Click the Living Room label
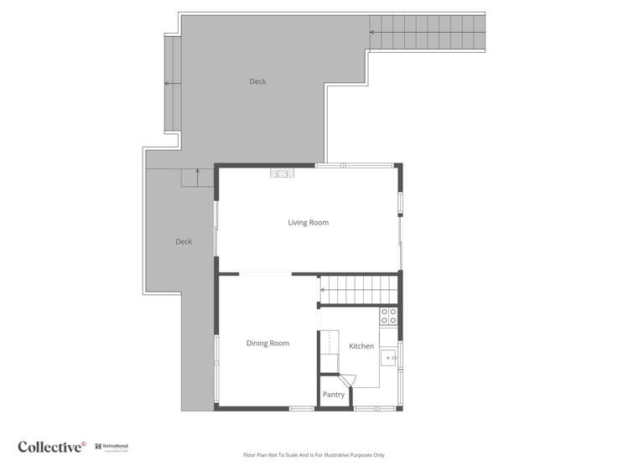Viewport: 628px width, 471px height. pos(308,223)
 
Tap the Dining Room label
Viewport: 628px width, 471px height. pos(267,344)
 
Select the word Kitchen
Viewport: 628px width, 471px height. pos(361,346)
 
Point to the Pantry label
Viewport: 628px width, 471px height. pos(334,395)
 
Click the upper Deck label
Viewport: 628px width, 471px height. pos(257,81)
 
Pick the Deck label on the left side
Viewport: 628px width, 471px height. pos(184,241)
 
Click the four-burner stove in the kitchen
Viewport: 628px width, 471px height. pos(389,316)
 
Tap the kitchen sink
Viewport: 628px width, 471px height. pos(390,358)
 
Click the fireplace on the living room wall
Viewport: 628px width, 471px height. pos(282,173)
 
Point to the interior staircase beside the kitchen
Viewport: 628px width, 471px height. pos(358,290)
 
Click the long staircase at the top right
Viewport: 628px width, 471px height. pos(427,33)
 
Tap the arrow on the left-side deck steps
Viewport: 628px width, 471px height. pos(167,84)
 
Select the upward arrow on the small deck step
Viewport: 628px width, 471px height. pos(197,171)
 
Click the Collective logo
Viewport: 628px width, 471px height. pos(52,447)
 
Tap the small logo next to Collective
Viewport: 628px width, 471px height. pos(112,448)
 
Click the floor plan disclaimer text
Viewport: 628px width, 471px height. pos(314,455)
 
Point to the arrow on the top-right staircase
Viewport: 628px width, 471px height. pos(372,33)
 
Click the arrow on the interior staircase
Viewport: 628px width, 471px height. pos(323,291)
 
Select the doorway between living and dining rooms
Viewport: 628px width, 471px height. pos(266,274)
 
